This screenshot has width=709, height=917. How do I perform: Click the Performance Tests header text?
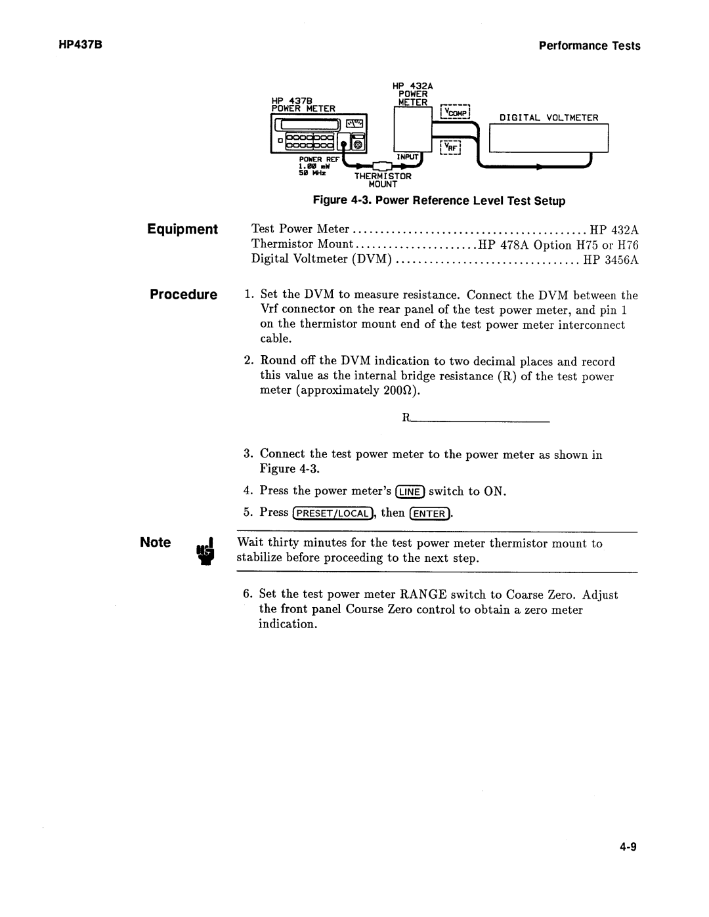[x=589, y=45]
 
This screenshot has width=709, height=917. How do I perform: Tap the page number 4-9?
[x=628, y=847]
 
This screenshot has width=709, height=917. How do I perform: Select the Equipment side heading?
[x=183, y=229]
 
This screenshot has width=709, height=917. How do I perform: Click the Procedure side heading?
[x=183, y=294]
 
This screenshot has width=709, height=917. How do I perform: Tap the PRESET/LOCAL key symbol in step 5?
[x=333, y=513]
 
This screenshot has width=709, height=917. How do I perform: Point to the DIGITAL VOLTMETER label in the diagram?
[x=549, y=118]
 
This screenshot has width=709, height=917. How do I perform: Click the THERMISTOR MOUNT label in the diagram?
[x=383, y=180]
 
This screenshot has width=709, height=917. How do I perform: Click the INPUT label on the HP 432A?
[x=407, y=157]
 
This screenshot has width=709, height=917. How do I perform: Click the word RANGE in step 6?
[x=425, y=595]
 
